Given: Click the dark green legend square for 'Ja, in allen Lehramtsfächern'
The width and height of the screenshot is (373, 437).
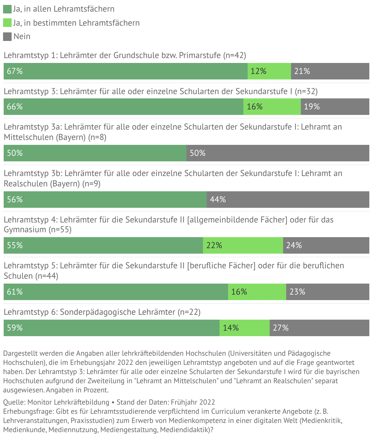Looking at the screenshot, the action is tap(7, 9).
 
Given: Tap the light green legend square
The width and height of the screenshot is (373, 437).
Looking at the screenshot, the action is tap(7, 23).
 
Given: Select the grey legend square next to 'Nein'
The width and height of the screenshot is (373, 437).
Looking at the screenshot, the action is tap(7, 37).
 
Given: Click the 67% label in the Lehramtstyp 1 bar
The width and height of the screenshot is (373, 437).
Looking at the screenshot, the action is tap(15, 71).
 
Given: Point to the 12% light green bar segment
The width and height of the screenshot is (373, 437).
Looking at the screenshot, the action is tap(269, 71).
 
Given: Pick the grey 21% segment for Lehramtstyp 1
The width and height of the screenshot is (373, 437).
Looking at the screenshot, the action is tap(330, 71).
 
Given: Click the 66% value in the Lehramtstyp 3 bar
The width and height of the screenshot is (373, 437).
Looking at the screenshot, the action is tap(15, 107).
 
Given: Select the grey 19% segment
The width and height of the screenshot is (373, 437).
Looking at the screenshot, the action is tap(335, 107).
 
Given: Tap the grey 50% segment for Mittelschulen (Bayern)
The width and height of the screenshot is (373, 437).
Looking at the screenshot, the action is tap(278, 153).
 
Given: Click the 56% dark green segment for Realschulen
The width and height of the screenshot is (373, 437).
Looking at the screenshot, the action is tap(105, 200).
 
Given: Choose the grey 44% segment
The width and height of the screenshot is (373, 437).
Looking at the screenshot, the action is tap(288, 200).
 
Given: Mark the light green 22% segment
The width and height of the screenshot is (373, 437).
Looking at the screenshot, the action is tap(243, 245).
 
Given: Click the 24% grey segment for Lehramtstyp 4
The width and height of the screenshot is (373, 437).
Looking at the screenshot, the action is tap(326, 245).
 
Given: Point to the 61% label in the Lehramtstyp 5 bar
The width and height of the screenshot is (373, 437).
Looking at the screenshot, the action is tap(15, 292).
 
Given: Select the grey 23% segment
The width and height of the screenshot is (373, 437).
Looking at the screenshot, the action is tap(328, 292).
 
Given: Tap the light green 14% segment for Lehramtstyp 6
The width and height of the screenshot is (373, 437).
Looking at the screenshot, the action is tap(245, 328).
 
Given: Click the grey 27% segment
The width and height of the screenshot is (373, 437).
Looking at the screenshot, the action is tap(319, 328).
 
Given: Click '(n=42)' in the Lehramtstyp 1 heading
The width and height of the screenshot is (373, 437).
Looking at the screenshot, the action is tap(235, 55).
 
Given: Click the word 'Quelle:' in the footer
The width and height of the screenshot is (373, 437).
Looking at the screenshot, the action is tap(14, 402).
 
